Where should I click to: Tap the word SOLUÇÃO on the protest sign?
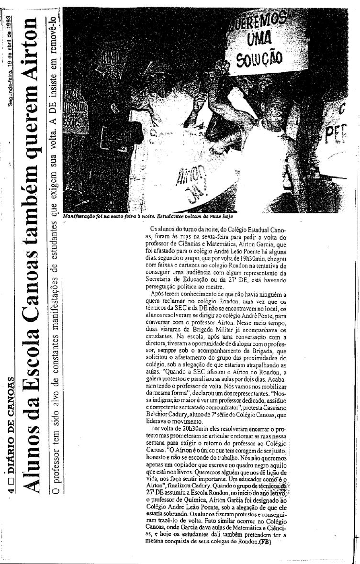[x=258, y=60]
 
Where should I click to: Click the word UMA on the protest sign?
[x=260, y=37]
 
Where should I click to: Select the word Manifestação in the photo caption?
[x=79, y=216]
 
